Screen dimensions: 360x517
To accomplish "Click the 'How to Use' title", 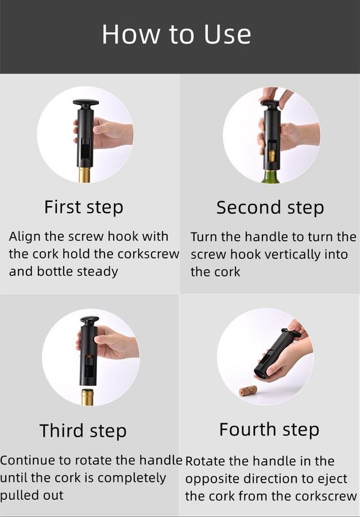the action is pyautogui.click(x=176, y=34).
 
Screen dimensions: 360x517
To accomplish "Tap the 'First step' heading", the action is pyautogui.click(x=84, y=207).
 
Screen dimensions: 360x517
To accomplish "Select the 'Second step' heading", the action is pyautogui.click(x=270, y=208).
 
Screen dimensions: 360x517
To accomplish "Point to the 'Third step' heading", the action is pyautogui.click(x=83, y=431).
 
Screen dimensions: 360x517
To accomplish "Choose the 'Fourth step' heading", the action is pyautogui.click(x=269, y=429).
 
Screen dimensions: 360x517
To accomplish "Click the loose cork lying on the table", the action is pyautogui.click(x=248, y=391).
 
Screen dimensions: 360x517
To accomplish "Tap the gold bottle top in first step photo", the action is pyautogui.click(x=84, y=175).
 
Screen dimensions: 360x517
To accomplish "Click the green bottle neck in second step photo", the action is pyautogui.click(x=270, y=177).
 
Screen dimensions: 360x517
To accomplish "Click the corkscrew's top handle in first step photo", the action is pyautogui.click(x=86, y=103).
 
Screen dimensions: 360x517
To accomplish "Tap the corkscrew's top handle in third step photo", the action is pyautogui.click(x=90, y=320).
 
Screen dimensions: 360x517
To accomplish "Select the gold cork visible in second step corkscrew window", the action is pyautogui.click(x=272, y=156).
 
